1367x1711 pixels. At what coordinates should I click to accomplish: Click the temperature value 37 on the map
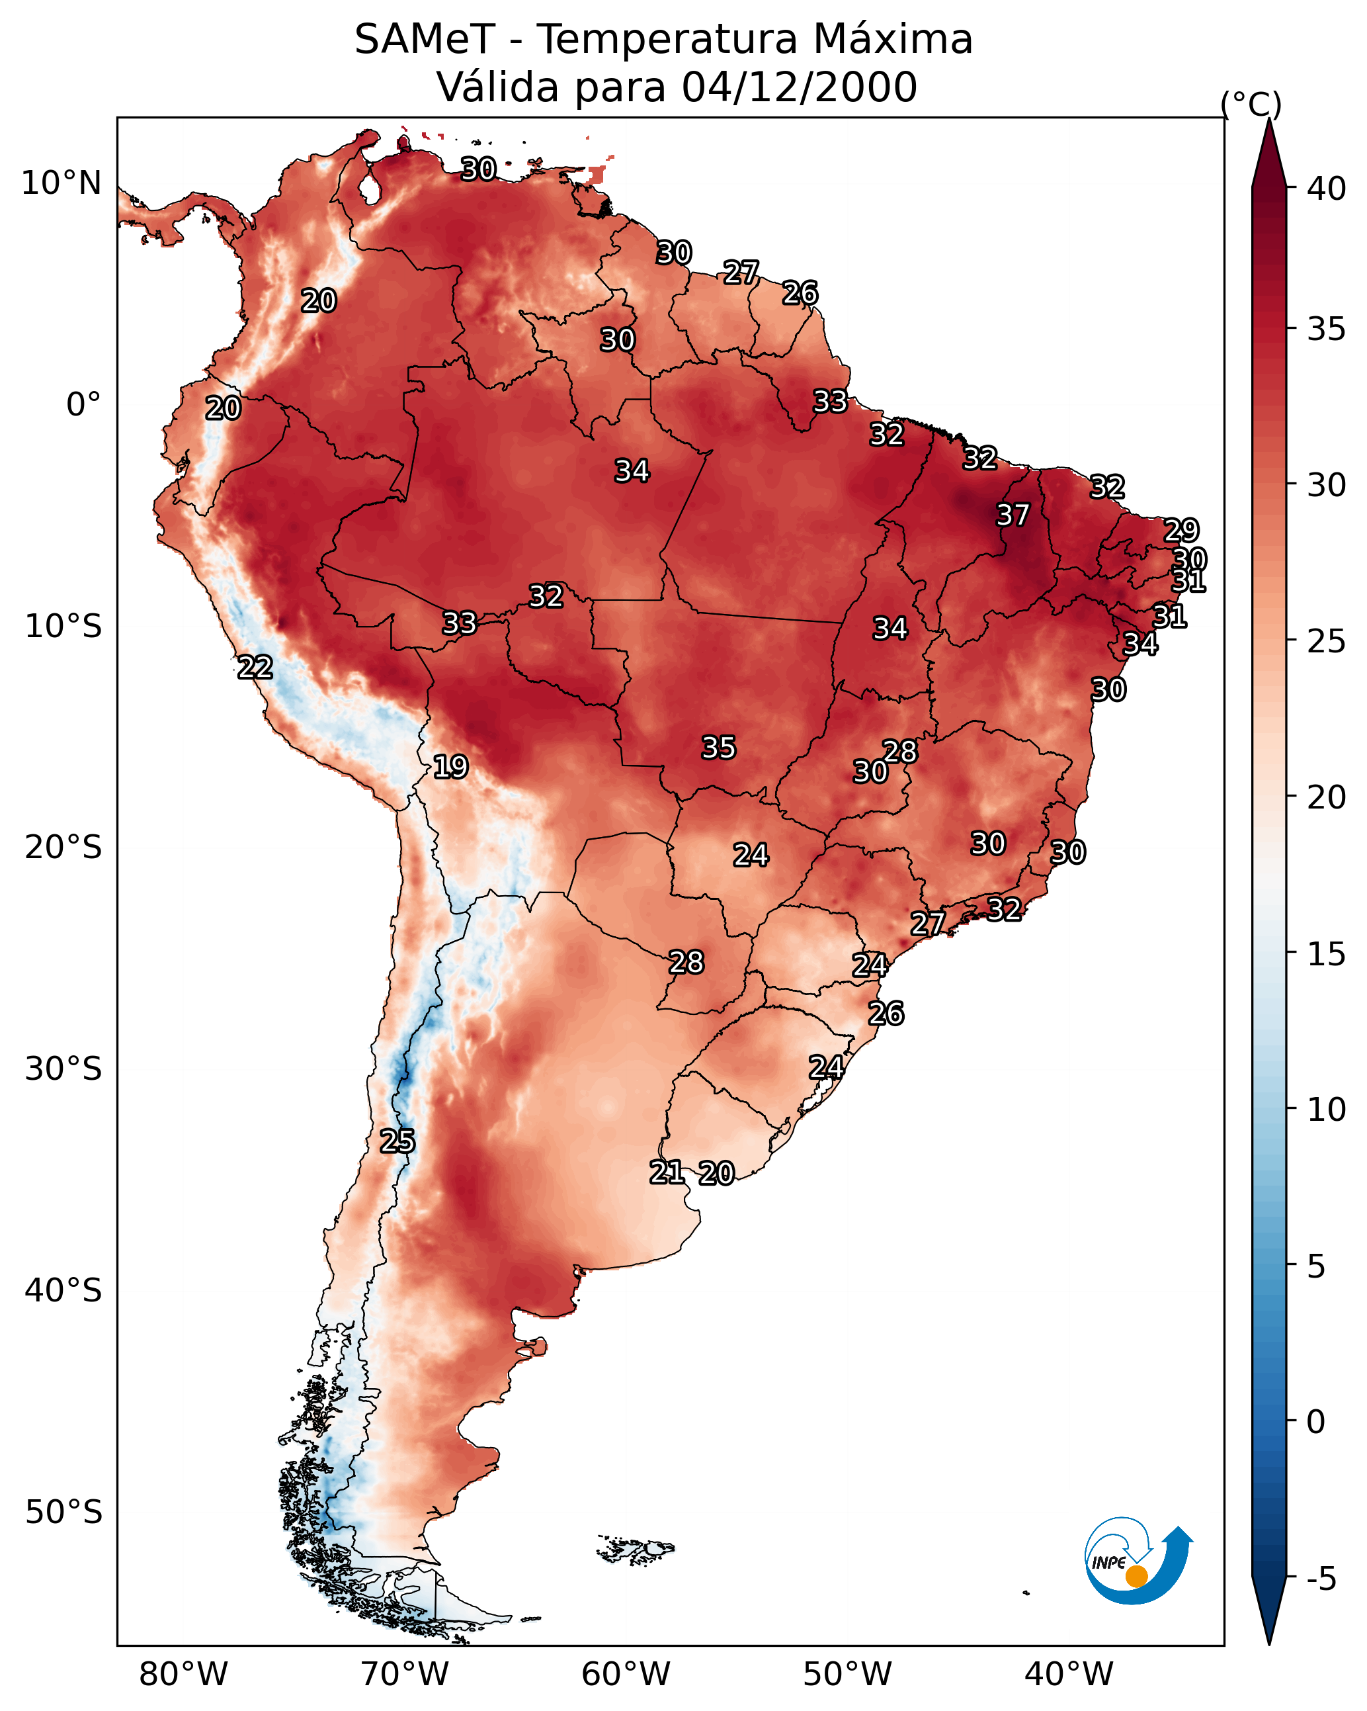pyautogui.click(x=1013, y=515)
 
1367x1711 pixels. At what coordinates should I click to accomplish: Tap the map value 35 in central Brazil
pyautogui.click(x=719, y=748)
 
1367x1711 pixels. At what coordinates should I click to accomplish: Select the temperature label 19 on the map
pyautogui.click(x=450, y=767)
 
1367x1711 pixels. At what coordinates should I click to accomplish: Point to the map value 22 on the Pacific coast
pyautogui.click(x=255, y=668)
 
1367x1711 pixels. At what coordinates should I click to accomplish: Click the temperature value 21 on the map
pyautogui.click(x=667, y=1172)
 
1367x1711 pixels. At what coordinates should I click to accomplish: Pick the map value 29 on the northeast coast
pyautogui.click(x=1181, y=530)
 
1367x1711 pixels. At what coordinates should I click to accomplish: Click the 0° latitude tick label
pyautogui.click(x=83, y=405)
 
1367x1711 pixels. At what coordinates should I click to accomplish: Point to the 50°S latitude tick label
pyautogui.click(x=63, y=1512)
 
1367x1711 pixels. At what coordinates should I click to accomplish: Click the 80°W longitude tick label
pyautogui.click(x=183, y=1674)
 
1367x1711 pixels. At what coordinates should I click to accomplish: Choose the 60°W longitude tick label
pyautogui.click(x=626, y=1674)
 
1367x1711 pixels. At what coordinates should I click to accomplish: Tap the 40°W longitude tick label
pyautogui.click(x=1069, y=1674)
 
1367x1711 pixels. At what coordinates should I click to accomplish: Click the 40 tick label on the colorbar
pyautogui.click(x=1327, y=189)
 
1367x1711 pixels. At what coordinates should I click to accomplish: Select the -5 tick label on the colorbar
pyautogui.click(x=1321, y=1579)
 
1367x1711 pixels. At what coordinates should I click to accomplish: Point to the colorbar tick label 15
pyautogui.click(x=1327, y=954)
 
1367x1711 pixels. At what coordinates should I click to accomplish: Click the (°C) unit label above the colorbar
pyautogui.click(x=1251, y=103)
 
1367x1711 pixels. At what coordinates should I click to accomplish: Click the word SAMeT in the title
pyautogui.click(x=425, y=40)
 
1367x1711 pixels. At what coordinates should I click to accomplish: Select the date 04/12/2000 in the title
pyautogui.click(x=799, y=87)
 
